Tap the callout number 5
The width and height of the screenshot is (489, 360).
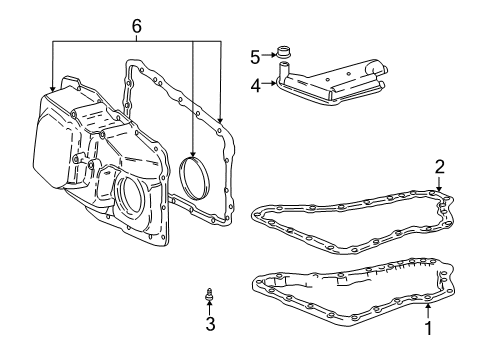click(x=255, y=56)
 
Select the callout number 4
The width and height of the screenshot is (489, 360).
click(x=255, y=85)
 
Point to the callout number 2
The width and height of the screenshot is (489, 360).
click(x=439, y=166)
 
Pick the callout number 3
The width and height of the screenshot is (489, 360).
click(x=209, y=325)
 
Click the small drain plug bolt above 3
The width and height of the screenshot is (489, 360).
click(x=209, y=295)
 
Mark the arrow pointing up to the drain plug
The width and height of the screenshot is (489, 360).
click(x=209, y=309)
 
